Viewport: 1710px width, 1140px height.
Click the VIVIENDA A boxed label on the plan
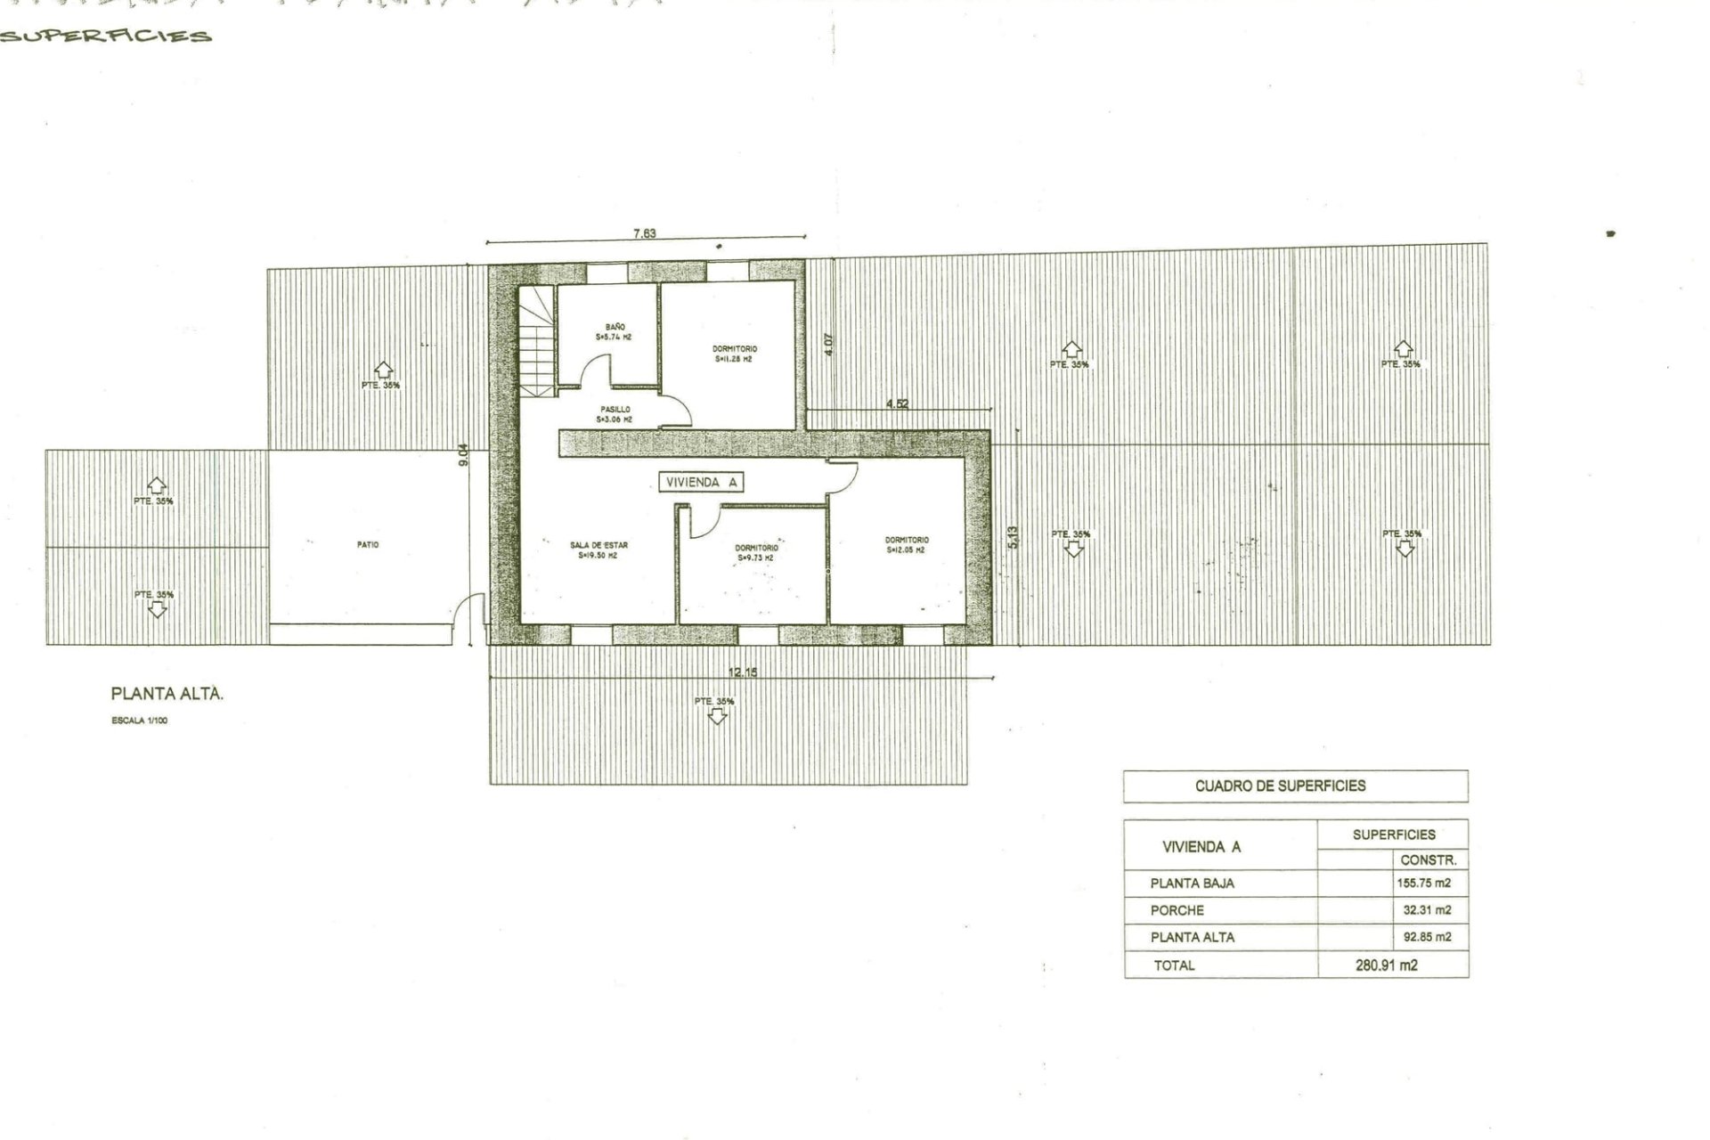point(702,482)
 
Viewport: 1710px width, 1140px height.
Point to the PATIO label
point(368,544)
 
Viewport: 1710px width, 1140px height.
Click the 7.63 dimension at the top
point(644,233)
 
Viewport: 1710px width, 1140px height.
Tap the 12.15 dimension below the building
point(742,672)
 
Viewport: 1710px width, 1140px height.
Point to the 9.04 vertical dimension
point(462,455)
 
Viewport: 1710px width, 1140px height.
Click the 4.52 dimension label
point(897,403)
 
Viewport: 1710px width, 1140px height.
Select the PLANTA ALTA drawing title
point(167,694)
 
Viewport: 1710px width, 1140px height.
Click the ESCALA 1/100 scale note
point(139,721)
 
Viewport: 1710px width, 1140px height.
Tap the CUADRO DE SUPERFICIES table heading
point(1280,786)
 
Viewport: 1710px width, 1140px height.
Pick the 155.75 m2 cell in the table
point(1423,883)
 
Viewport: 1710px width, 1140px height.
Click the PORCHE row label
point(1177,910)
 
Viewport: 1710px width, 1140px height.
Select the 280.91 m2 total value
point(1386,965)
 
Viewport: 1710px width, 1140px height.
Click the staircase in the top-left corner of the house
point(537,343)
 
